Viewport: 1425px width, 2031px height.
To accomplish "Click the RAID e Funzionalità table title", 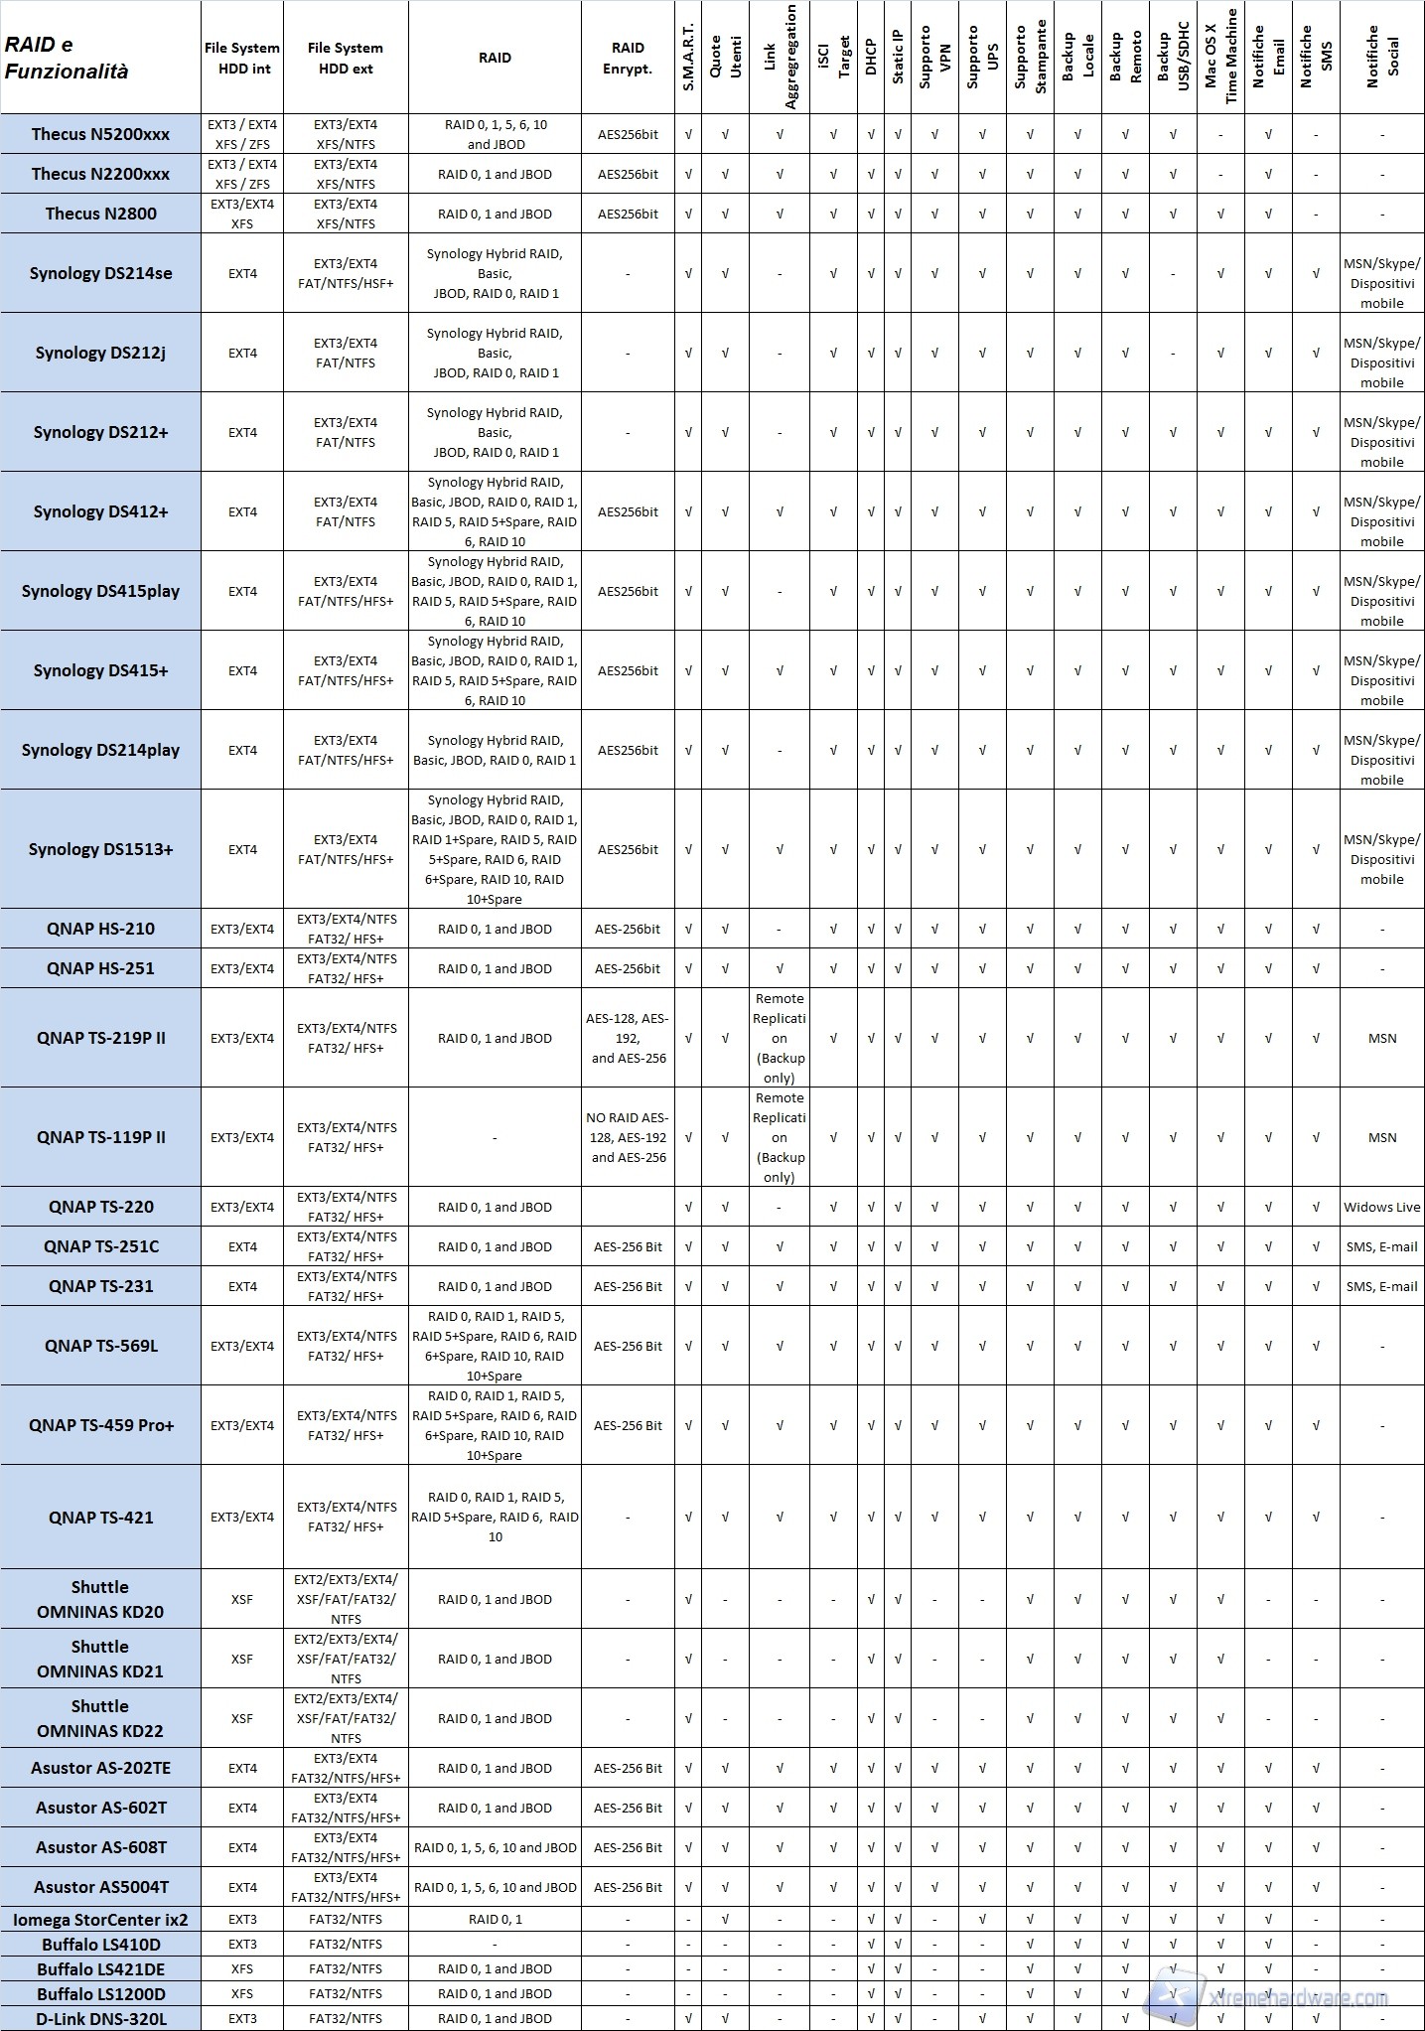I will [x=67, y=58].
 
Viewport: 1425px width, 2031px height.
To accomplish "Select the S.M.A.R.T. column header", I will [x=688, y=58].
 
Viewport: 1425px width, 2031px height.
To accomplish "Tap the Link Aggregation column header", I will [x=780, y=58].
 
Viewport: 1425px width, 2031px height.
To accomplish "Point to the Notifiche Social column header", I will [x=1381, y=58].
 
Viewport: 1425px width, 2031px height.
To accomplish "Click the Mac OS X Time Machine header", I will [x=1220, y=58].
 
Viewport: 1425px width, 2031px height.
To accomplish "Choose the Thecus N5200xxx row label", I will [x=100, y=134].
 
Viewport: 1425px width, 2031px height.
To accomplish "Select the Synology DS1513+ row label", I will [x=100, y=849].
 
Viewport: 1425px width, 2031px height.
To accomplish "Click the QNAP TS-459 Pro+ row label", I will [x=100, y=1425].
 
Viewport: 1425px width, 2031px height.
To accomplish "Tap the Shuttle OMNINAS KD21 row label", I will [x=100, y=1659].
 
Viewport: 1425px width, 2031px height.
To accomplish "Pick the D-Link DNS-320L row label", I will [x=100, y=2018].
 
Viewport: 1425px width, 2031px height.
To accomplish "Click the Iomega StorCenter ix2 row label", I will [x=100, y=1920].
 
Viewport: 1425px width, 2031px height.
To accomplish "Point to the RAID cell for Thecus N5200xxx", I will [x=495, y=134].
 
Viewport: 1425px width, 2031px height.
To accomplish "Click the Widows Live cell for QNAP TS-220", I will [x=1381, y=1207].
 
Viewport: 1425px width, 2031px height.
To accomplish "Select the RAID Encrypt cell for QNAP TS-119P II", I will [x=628, y=1137].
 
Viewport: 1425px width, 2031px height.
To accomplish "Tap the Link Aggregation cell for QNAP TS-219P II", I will [x=780, y=1038].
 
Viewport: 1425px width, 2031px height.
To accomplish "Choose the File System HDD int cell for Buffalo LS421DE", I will [x=242, y=1968].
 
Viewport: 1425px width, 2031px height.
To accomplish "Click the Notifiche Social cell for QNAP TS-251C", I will [x=1381, y=1246].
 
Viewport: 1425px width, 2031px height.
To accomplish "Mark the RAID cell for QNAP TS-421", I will [x=495, y=1517].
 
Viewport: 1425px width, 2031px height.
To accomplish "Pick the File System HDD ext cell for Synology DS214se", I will [x=346, y=273].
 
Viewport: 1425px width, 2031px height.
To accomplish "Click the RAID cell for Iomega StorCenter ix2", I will [x=495, y=1920].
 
